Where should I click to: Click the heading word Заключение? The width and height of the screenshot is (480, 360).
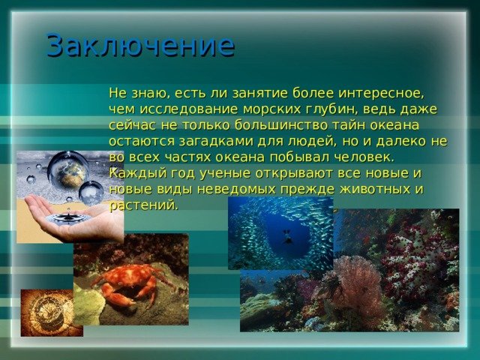(x=140, y=46)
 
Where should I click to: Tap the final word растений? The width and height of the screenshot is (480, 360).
(x=143, y=205)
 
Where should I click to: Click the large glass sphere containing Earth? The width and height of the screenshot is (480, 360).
(x=67, y=169)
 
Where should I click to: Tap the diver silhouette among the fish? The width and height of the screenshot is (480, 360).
(x=287, y=237)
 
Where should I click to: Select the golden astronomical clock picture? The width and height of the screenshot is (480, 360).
(x=52, y=313)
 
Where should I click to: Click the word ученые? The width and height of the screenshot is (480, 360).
(x=226, y=173)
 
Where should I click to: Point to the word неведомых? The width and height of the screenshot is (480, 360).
(x=236, y=189)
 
